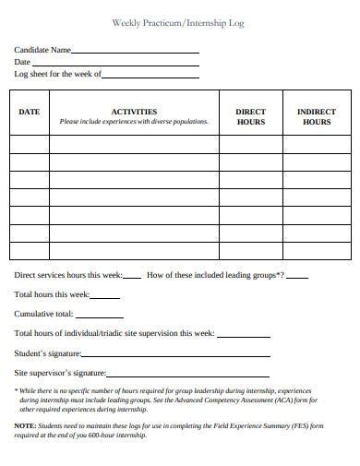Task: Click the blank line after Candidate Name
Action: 135,52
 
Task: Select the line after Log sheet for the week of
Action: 150,75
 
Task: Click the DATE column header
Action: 30,112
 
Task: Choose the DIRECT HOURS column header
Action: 250,116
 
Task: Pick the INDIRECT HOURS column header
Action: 316,116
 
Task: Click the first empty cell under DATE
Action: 30,144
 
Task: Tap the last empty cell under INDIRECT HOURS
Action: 316,250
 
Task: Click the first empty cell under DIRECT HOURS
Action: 250,144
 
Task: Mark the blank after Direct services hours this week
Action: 133,277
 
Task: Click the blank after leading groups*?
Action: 298,277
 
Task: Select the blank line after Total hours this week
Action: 105,296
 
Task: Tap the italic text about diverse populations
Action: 134,122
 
